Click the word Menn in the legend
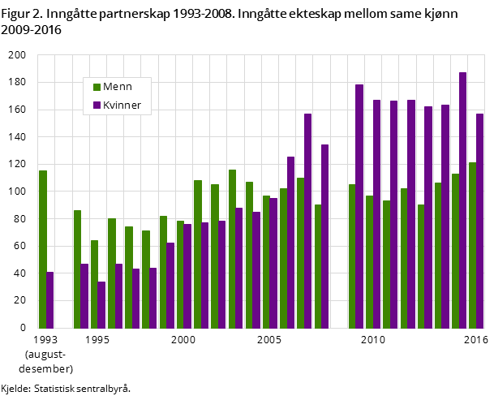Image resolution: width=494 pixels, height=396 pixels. tap(118, 87)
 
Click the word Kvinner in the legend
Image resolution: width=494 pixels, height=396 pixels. tap(122, 105)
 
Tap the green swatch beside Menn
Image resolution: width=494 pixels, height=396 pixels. tap(97, 87)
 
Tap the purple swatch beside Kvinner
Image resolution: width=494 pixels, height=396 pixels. tap(97, 105)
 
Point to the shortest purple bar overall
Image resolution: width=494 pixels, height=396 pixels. tap(101, 305)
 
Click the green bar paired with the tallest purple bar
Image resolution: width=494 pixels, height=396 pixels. tap(455, 251)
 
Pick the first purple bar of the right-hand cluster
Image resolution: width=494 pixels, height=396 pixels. tap(359, 206)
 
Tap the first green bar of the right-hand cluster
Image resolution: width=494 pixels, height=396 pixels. tap(352, 256)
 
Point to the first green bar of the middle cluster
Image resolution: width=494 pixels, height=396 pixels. tap(77, 269)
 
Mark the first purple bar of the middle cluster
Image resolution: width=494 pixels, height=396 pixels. tap(84, 296)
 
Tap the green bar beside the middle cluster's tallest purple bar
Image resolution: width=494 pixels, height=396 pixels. tap(300, 253)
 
